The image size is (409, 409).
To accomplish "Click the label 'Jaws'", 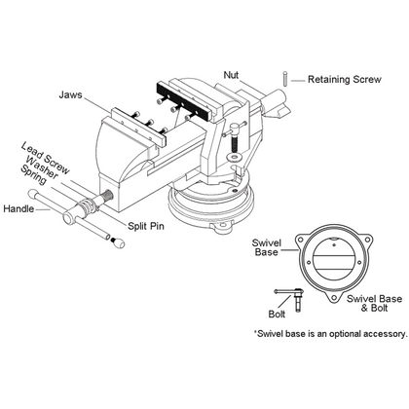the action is point(70,94).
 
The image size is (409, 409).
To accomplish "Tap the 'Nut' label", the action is point(231,75).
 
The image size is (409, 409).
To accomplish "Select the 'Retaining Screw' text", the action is point(345,80).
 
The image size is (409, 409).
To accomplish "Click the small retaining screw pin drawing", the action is point(285,79).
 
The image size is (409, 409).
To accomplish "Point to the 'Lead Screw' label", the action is point(45,159).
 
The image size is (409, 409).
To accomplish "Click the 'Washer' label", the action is point(42,167).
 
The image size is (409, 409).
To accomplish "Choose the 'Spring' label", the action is point(33,174).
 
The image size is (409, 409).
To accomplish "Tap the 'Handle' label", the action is point(19,208).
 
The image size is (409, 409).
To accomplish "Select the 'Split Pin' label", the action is point(146,226).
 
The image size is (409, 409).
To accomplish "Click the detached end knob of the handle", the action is point(118,242).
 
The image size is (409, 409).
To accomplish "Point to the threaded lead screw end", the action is point(106,197).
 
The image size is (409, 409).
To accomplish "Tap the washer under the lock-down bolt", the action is point(234,157).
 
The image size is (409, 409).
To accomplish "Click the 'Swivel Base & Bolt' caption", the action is point(374,303).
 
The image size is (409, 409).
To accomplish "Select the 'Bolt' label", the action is point(277,314).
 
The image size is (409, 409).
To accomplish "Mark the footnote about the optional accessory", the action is point(330,334).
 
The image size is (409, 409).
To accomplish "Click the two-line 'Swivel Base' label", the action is point(267,247).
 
